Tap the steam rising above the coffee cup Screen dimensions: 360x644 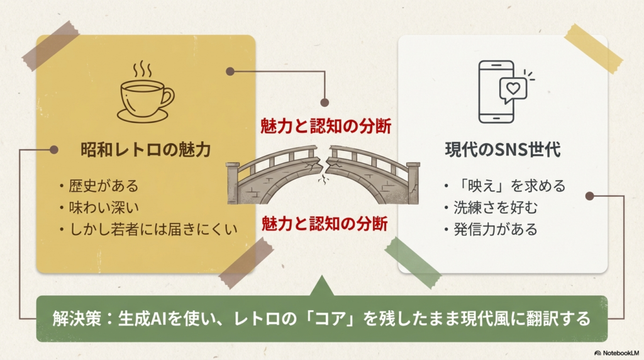click(x=144, y=69)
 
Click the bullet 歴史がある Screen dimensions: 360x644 click(x=103, y=186)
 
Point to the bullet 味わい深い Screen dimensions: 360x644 click(x=103, y=207)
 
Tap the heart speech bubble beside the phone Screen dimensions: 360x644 click(x=513, y=90)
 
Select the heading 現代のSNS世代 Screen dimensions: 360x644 click(x=502, y=150)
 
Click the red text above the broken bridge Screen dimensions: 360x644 click(x=326, y=127)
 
